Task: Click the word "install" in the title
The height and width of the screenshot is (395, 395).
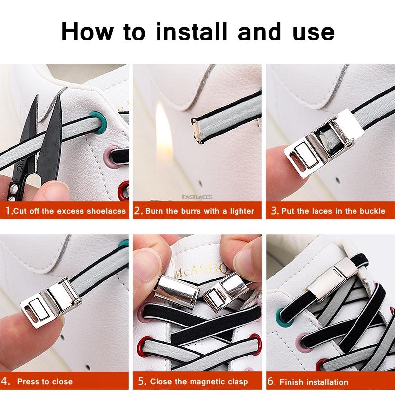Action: point(192,32)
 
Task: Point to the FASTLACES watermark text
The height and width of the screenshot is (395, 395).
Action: point(197,197)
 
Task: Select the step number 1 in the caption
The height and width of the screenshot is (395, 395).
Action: point(8,211)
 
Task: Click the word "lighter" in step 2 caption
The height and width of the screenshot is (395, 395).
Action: point(242,211)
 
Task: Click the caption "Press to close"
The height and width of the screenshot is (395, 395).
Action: point(44,381)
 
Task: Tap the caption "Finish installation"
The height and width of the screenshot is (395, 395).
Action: point(314,382)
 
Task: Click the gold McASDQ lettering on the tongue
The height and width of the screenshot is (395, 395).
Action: point(201,271)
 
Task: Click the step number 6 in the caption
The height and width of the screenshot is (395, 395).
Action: point(271,381)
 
